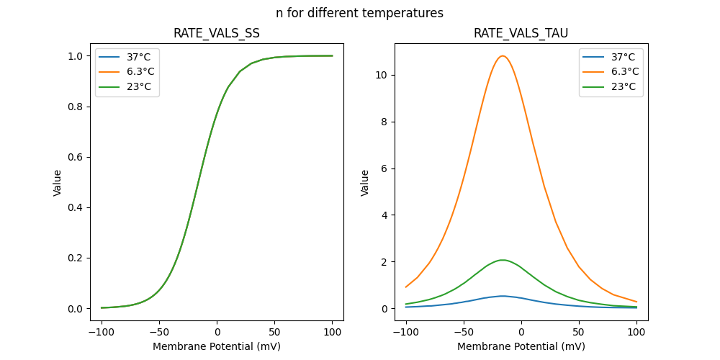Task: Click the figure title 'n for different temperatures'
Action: coord(359,13)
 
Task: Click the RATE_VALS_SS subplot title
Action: coord(217,34)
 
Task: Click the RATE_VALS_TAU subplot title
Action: coord(521,34)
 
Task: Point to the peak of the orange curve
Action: coord(503,56)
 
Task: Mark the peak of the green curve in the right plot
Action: coord(503,260)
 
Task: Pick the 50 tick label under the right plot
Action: coord(579,333)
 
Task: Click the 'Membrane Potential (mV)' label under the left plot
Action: coord(217,346)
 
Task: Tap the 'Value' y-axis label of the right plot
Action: coord(365,183)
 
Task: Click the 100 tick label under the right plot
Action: coord(636,333)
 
